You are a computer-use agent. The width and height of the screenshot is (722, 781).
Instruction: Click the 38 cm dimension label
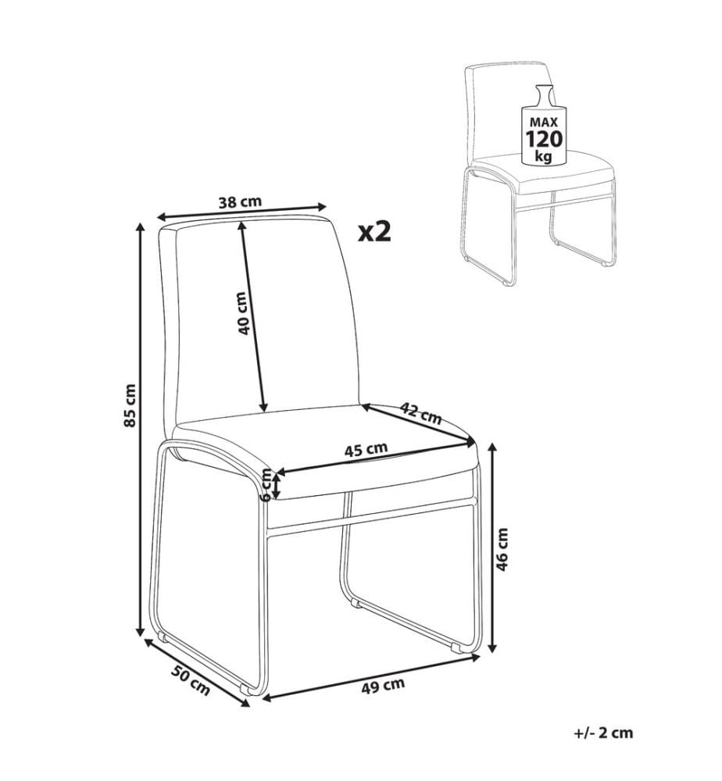pyautogui.click(x=240, y=201)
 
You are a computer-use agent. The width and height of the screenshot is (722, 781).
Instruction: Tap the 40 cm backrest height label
pyautogui.click(x=243, y=313)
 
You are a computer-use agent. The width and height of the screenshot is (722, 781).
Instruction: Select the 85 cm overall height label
pyautogui.click(x=130, y=405)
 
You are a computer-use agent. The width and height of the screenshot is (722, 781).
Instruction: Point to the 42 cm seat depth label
pyautogui.click(x=421, y=413)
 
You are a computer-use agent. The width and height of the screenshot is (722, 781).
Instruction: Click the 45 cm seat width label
pyautogui.click(x=366, y=449)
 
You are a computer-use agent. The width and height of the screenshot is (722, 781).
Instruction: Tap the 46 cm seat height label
pyautogui.click(x=502, y=549)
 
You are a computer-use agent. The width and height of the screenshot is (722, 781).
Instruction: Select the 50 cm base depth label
pyautogui.click(x=191, y=680)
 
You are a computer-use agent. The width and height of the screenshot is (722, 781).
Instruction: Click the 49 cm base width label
pyautogui.click(x=383, y=686)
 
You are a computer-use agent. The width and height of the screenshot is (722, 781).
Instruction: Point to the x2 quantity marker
pyautogui.click(x=375, y=232)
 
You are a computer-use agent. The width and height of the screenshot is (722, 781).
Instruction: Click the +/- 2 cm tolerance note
pyautogui.click(x=603, y=733)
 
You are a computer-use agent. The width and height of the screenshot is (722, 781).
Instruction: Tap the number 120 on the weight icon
pyautogui.click(x=544, y=138)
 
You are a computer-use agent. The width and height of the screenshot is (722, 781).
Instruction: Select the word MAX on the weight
pyautogui.click(x=544, y=122)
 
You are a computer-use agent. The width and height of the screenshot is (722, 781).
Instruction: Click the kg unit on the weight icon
pyautogui.click(x=543, y=156)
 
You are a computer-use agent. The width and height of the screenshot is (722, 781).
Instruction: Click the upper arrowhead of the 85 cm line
pyautogui.click(x=141, y=229)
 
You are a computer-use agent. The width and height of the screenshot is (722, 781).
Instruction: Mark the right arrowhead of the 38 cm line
pyautogui.click(x=321, y=206)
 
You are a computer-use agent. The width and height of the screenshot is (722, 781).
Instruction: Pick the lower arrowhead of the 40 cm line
pyautogui.click(x=263, y=407)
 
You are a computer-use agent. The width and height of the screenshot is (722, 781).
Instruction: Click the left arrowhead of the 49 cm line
pyautogui.click(x=267, y=698)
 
